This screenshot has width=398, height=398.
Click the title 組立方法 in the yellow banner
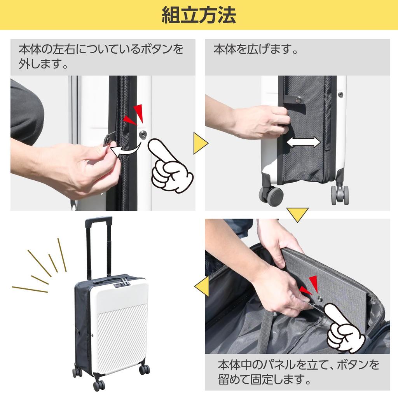[199, 16]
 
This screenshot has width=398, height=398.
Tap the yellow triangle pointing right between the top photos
[200, 143]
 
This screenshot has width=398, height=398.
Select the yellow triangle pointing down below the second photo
[297, 214]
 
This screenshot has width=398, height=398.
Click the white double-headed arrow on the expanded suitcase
[303, 143]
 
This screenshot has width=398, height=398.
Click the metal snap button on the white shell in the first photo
[143, 134]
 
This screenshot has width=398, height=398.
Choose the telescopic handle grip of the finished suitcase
[98, 222]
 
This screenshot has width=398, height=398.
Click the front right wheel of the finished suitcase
[144, 369]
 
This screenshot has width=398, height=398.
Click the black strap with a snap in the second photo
[292, 99]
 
